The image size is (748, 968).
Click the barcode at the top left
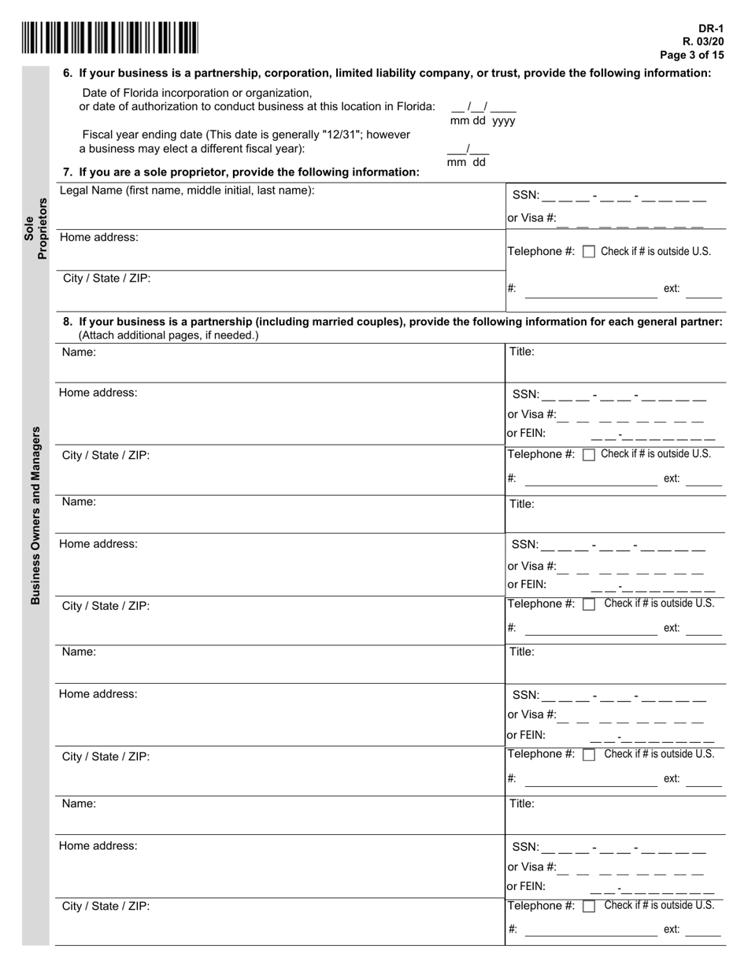click(x=110, y=38)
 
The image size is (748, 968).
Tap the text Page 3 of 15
click(x=691, y=55)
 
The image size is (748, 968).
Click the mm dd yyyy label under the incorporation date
click(x=483, y=121)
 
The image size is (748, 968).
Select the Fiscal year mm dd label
click(x=466, y=162)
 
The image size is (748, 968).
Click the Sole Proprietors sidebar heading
click(x=36, y=228)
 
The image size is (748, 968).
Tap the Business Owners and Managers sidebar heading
click(x=35, y=515)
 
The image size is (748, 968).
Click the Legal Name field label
click(x=187, y=190)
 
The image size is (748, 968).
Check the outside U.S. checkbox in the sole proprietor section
click(x=588, y=252)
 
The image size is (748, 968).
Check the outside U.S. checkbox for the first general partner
click(x=588, y=455)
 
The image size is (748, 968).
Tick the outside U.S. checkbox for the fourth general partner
click(x=588, y=907)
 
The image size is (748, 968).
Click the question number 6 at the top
click(x=68, y=73)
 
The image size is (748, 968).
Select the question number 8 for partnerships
click(x=68, y=322)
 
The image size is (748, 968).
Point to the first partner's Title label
click(x=522, y=352)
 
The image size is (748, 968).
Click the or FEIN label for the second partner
click(x=526, y=584)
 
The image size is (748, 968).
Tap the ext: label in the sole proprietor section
click(x=672, y=289)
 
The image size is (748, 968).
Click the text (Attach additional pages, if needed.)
click(x=168, y=335)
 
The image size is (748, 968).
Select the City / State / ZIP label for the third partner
click(x=106, y=756)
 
